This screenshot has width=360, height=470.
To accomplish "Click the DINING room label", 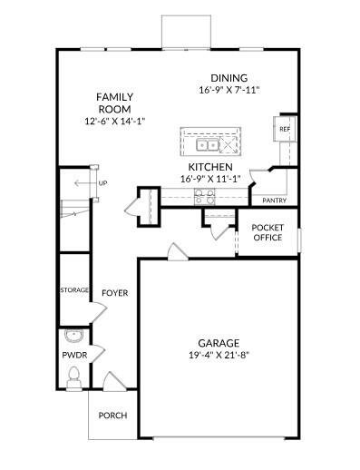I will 229,78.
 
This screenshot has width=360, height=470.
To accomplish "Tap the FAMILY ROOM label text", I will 116,103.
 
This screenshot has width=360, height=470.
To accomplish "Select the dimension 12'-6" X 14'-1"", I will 116,121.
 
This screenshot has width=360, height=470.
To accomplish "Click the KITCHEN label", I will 210,167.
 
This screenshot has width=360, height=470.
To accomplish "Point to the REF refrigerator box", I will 284,129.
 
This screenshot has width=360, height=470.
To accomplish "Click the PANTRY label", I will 274,201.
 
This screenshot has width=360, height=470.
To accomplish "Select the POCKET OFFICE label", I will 268,232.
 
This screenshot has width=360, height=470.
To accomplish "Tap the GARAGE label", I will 219,342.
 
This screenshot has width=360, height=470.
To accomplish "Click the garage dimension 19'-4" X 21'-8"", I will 219,355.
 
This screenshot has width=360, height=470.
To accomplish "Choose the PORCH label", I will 112,416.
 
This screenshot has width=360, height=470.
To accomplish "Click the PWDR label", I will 74,355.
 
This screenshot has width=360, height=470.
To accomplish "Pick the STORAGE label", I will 74,290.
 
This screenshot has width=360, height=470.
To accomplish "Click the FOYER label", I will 114,293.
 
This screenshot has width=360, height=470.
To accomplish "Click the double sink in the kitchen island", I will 207,143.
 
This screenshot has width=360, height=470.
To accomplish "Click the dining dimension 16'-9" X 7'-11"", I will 229,90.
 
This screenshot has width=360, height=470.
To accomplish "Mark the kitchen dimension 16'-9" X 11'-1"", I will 210,179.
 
